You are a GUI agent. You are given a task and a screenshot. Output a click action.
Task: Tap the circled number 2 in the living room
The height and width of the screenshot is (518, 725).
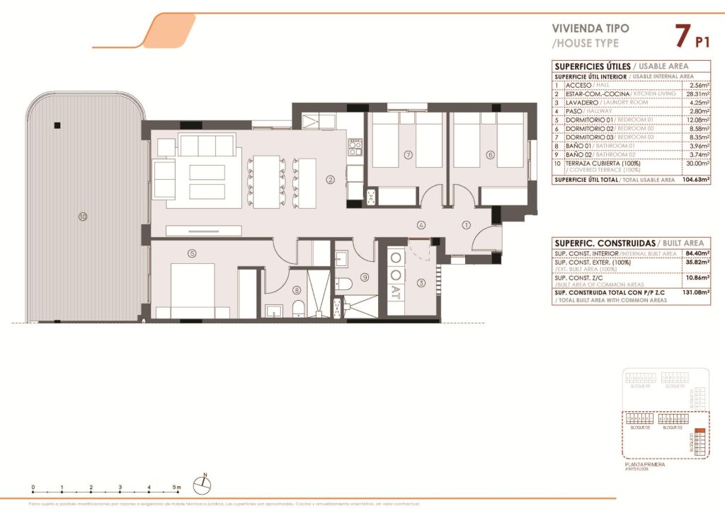[x=330, y=180]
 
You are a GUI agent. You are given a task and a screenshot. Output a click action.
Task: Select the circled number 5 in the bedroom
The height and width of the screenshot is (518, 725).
[x=191, y=253]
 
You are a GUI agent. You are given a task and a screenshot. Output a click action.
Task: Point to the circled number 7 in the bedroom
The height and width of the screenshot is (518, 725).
[x=408, y=154]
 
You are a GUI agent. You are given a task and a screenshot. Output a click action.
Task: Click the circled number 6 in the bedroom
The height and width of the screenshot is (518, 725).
[x=489, y=154]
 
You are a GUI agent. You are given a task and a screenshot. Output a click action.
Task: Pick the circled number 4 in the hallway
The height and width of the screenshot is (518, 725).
[x=421, y=226]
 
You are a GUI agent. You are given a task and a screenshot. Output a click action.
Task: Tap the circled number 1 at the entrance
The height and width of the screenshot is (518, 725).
[x=465, y=226]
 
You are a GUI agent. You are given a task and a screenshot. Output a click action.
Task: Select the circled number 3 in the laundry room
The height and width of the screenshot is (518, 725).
[x=421, y=284]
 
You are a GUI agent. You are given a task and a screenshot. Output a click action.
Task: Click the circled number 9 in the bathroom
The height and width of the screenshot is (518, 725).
[x=365, y=277]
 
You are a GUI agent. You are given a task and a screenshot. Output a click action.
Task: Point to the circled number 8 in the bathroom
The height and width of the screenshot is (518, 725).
[x=297, y=289]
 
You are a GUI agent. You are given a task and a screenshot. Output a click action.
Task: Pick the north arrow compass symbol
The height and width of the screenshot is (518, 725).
[x=204, y=484]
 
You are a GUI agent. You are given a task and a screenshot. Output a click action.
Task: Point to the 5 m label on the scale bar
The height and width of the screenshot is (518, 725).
[x=178, y=488]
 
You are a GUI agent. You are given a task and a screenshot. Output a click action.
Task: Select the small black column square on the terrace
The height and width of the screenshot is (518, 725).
[x=57, y=126]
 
